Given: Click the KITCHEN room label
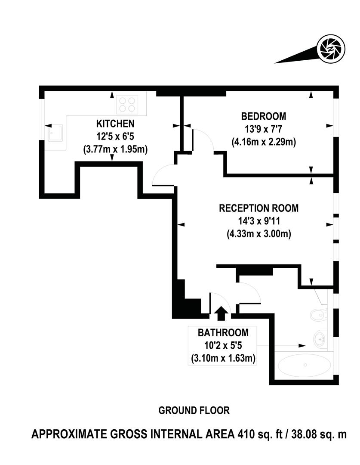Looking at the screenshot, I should [x=114, y=124].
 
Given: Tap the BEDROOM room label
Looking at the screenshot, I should [x=263, y=116].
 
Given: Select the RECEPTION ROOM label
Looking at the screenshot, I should [x=258, y=208].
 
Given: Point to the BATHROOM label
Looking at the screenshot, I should [x=223, y=332].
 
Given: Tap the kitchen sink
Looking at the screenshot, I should [x=55, y=133].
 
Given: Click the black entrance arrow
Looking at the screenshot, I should [x=221, y=313].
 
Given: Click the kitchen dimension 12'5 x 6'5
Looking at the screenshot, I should [x=114, y=137].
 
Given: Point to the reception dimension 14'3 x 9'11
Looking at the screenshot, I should [x=258, y=221].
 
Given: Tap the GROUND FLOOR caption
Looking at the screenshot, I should [x=194, y=410].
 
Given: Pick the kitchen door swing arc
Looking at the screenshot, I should [x=161, y=174].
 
